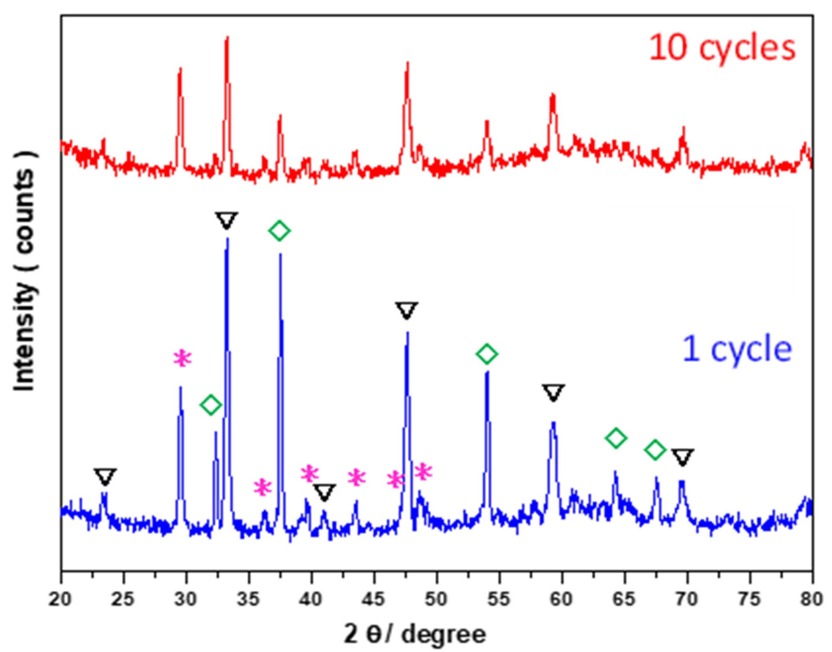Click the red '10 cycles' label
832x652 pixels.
(721, 48)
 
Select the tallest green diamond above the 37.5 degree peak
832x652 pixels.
(279, 230)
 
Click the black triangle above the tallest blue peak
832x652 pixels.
(227, 220)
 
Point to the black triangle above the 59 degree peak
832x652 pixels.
(553, 392)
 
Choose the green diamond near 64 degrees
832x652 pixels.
(616, 438)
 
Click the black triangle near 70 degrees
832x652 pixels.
(683, 457)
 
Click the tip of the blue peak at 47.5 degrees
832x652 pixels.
(407, 332)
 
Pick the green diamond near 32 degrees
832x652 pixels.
(210, 404)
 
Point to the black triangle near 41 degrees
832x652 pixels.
(324, 493)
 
